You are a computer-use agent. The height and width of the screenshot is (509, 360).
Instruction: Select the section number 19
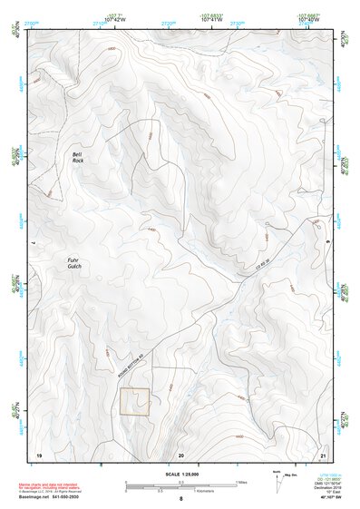click(39, 453)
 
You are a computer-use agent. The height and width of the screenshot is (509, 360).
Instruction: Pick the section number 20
click(180, 453)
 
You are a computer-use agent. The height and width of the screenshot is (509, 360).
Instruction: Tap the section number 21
click(323, 453)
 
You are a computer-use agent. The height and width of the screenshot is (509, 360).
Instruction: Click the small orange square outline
click(135, 402)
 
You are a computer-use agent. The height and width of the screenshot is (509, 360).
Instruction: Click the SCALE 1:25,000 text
click(180, 475)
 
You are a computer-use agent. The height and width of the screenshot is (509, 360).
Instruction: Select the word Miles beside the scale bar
click(240, 482)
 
